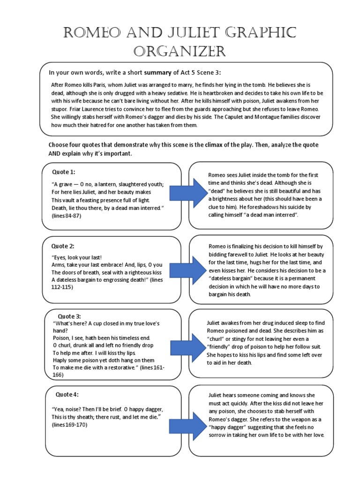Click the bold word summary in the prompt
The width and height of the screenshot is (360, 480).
(158, 73)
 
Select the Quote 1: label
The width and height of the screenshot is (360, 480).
(64, 172)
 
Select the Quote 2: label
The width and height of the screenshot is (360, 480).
(63, 246)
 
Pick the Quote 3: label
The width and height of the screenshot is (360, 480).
(69, 316)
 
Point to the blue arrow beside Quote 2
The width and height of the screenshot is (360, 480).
(193, 269)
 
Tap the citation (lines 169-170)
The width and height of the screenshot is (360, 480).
(69, 424)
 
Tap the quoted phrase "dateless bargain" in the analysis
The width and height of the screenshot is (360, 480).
(231, 278)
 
